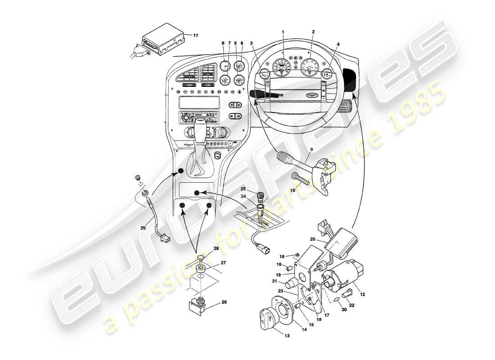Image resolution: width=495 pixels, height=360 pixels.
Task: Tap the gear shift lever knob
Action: [201, 126]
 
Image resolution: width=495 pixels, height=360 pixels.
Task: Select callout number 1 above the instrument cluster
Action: [283, 32]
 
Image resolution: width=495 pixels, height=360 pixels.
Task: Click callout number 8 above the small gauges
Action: [223, 43]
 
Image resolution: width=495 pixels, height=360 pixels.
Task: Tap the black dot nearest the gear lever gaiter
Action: [180, 171]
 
